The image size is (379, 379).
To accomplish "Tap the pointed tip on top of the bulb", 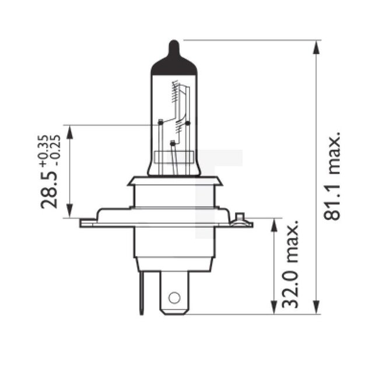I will [174, 44].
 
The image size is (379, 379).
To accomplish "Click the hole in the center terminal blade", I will [174, 298].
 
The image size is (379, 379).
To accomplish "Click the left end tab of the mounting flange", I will [87, 222].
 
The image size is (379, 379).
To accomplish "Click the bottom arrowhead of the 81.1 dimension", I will [317, 307].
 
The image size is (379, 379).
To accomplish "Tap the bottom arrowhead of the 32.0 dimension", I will [273, 307].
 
